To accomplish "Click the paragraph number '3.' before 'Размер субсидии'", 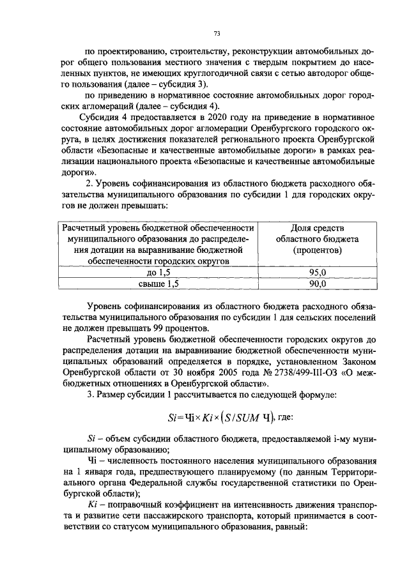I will (x=89, y=395).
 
